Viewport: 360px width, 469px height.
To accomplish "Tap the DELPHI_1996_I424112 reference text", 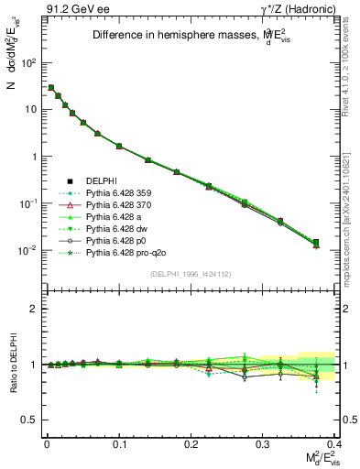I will (190, 274).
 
